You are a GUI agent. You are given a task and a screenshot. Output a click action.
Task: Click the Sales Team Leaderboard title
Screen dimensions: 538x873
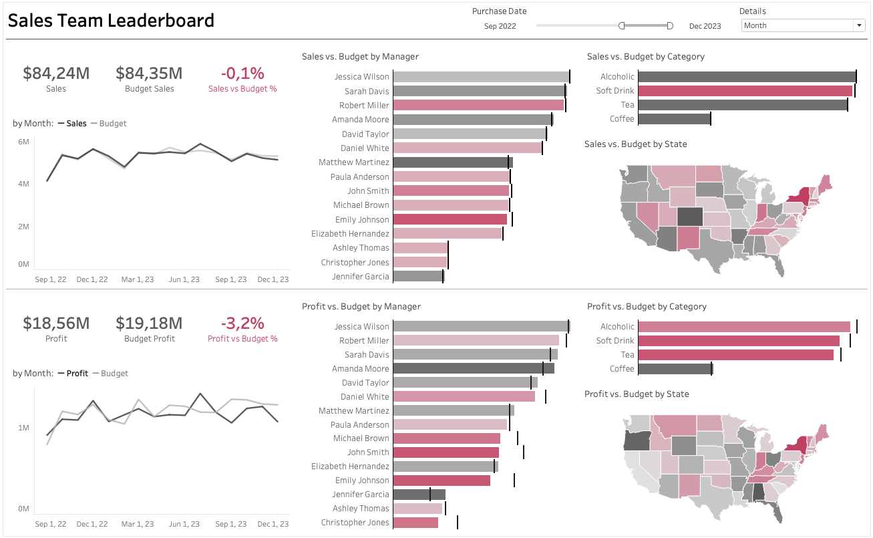[111, 21]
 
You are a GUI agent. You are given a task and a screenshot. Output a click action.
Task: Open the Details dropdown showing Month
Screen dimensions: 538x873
[803, 25]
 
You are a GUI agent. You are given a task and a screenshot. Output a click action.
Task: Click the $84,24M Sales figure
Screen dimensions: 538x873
[56, 74]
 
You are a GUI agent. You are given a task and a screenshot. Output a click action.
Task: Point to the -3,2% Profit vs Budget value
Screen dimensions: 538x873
[242, 323]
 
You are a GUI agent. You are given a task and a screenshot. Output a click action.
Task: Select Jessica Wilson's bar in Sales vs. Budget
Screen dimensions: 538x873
[480, 77]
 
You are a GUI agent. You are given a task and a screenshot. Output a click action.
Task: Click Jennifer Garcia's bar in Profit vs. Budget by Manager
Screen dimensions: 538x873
[419, 495]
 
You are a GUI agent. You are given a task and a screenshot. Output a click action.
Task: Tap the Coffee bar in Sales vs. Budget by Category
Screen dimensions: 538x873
[673, 119]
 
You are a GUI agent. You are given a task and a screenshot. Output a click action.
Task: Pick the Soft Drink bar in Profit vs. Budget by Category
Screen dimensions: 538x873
[738, 341]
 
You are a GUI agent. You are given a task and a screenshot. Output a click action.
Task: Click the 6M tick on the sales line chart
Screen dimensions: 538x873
[23, 142]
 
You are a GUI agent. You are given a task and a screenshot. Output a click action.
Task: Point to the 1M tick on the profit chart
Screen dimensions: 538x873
[23, 428]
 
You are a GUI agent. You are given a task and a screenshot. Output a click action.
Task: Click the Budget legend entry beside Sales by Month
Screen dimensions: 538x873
[112, 124]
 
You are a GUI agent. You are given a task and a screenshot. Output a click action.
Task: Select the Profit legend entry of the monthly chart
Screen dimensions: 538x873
[77, 374]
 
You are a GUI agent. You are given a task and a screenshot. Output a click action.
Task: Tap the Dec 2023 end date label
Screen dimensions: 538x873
[705, 26]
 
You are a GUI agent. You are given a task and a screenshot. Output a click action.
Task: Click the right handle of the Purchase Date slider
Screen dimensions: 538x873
[670, 25]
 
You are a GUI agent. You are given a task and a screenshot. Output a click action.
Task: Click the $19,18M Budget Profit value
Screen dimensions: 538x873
[149, 323]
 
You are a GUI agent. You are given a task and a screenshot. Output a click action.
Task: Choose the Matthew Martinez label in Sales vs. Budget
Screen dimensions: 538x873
[353, 162]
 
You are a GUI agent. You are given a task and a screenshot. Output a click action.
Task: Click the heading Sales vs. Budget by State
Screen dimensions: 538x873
[635, 144]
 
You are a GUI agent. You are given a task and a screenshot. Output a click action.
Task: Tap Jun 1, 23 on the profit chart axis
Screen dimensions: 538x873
[184, 524]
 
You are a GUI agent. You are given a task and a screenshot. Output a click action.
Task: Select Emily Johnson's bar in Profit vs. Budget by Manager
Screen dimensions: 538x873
[441, 481]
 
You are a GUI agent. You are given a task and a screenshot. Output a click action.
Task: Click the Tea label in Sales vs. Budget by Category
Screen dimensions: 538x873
[627, 105]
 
